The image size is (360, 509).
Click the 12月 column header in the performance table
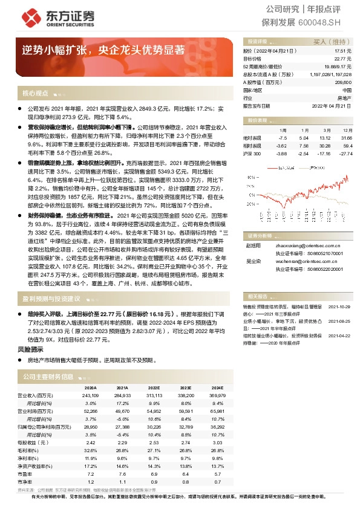tap(347, 130)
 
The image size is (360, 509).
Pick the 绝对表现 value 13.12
tap(326, 137)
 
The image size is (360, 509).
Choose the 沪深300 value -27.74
tap(345, 154)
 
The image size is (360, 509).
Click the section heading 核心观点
tap(35, 94)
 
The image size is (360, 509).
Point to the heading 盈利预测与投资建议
tap(51, 299)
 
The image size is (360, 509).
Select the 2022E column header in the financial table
tap(154, 387)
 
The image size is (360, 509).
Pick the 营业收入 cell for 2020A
tap(90, 395)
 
